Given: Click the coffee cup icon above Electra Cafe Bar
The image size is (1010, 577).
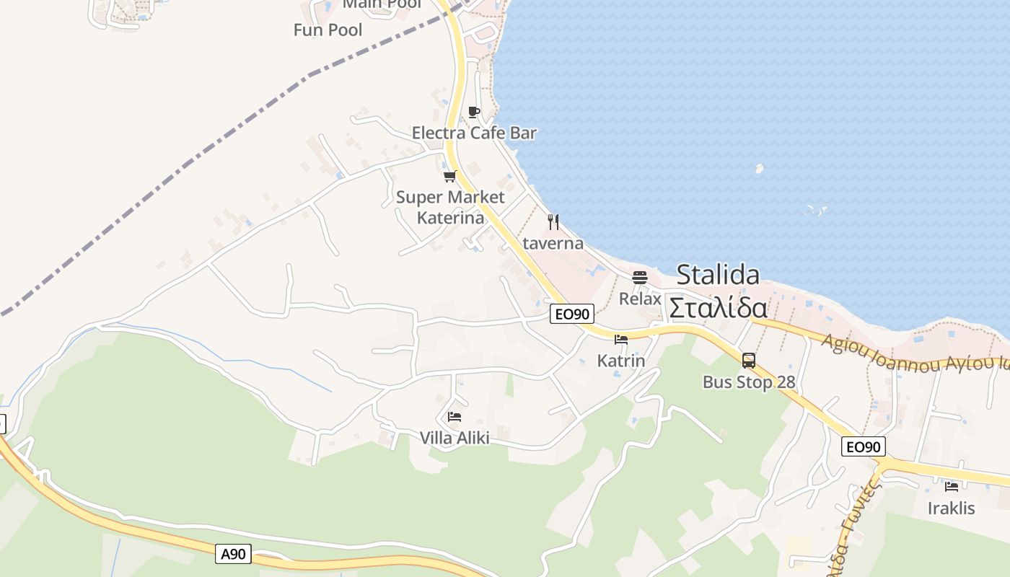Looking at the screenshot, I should [473, 112].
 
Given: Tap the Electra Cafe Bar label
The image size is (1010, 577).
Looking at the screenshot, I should [474, 133].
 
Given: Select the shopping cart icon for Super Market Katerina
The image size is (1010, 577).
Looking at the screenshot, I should [450, 176].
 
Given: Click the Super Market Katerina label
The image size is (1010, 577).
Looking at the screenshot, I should [450, 207].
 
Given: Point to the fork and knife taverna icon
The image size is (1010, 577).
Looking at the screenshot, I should [553, 221].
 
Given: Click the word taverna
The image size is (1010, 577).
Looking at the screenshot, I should [553, 243].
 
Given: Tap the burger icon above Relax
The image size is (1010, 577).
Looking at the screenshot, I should [639, 277].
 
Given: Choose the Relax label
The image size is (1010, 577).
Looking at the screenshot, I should [640, 298].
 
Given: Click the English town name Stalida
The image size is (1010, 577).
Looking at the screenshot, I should [718, 275].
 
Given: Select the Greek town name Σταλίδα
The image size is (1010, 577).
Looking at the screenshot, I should [718, 308].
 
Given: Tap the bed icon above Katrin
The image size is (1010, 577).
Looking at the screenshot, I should [620, 340].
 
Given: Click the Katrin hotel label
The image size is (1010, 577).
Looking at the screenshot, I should [621, 361].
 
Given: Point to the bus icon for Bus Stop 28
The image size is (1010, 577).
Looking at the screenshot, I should [749, 360].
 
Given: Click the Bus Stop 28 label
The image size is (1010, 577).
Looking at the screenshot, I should [749, 382].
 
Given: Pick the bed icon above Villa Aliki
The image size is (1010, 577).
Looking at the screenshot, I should [454, 417].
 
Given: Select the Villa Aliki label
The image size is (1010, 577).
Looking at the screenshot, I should [454, 438].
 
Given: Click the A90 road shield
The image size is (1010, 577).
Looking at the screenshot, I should [233, 554].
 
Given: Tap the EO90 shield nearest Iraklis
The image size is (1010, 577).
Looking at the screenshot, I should [863, 447].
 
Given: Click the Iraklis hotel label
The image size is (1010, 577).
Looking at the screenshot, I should [951, 508].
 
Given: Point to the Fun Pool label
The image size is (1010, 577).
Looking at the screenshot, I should [328, 30].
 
